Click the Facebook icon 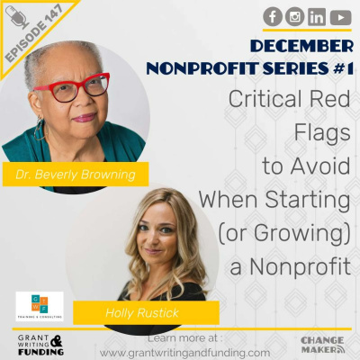click(273, 16)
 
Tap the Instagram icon click(294, 16)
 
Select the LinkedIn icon click(316, 16)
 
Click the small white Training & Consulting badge click(39, 305)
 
